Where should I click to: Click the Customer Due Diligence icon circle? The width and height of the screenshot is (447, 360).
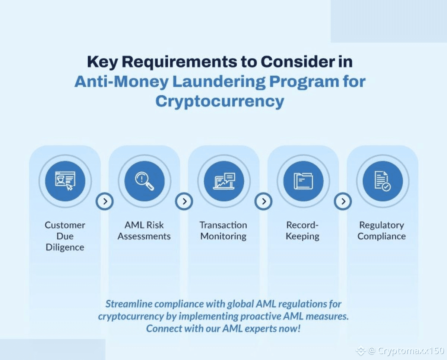tap(65, 181)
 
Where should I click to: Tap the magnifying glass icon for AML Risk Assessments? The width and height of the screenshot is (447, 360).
tap(145, 181)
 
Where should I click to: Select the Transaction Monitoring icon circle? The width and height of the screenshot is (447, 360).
tap(224, 181)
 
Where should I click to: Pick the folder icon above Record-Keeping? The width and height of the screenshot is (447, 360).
tap(303, 181)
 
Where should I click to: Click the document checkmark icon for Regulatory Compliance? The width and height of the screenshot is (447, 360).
tap(383, 181)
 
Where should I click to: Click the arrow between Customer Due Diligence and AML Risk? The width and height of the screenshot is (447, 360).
tap(105, 201)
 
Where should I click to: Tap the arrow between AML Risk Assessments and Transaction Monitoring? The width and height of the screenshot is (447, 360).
tap(184, 201)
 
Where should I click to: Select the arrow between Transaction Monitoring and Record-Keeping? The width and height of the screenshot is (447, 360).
tap(263, 201)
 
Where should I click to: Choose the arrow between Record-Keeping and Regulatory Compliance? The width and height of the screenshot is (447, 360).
tap(343, 201)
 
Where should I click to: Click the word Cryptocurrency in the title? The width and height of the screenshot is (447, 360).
tap(220, 101)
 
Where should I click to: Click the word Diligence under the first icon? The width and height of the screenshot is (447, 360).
tap(65, 247)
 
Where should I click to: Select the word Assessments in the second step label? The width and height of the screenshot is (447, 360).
tap(144, 236)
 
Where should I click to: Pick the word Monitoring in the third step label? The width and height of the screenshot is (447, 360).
tap(223, 236)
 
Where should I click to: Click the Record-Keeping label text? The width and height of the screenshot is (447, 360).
tap(302, 230)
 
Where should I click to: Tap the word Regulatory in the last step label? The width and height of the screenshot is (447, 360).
tap(381, 225)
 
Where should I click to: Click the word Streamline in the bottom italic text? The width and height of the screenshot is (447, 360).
tap(128, 304)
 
